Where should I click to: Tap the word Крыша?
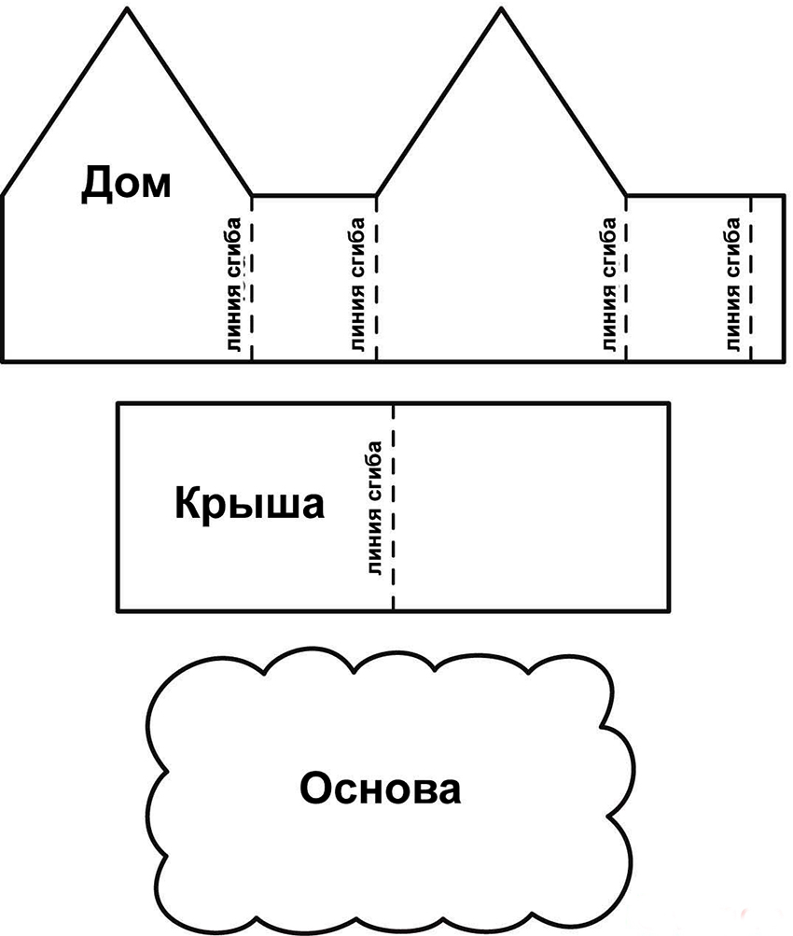click(x=249, y=506)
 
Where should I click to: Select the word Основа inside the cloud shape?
click(x=380, y=789)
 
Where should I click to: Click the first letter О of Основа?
click(x=316, y=789)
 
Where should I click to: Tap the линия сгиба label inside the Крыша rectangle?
click(x=375, y=509)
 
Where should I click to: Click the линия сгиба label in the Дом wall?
click(x=234, y=285)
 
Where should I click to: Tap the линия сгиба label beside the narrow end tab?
click(x=733, y=285)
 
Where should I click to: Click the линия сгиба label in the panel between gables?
click(x=358, y=285)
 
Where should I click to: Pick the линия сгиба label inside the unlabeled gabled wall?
click(x=608, y=285)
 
